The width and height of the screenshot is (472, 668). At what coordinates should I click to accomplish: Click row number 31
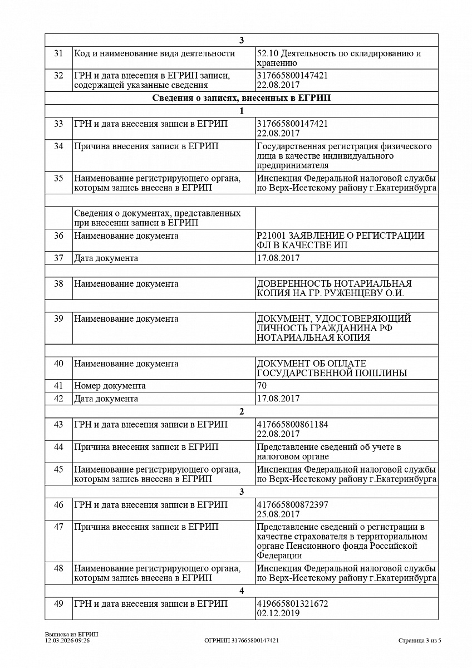pyautogui.click(x=58, y=53)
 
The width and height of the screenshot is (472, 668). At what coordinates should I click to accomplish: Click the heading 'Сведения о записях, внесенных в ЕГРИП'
pyautogui.click(x=241, y=98)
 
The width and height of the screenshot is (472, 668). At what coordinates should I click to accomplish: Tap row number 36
pyautogui.click(x=58, y=236)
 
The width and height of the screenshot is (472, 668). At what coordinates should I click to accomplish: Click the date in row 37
pyautogui.click(x=278, y=258)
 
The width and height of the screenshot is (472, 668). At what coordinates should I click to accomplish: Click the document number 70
pyautogui.click(x=262, y=386)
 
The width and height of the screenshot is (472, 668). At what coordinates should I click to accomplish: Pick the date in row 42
pyautogui.click(x=278, y=399)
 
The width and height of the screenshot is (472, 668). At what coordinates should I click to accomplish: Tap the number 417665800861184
pyautogui.click(x=292, y=425)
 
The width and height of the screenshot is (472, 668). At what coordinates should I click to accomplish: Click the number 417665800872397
pyautogui.click(x=292, y=505)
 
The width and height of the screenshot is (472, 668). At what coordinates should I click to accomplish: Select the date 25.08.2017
pyautogui.click(x=278, y=514)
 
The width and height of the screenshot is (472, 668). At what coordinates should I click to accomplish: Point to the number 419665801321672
pyautogui.click(x=292, y=604)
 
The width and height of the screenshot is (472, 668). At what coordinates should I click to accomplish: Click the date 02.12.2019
pyautogui.click(x=278, y=613)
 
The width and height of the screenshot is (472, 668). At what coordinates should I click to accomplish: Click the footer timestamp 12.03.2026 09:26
pyautogui.click(x=67, y=641)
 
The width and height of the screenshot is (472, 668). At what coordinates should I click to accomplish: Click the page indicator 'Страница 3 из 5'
pyautogui.click(x=419, y=641)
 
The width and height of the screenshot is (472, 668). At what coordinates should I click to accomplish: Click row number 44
pyautogui.click(x=58, y=447)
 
